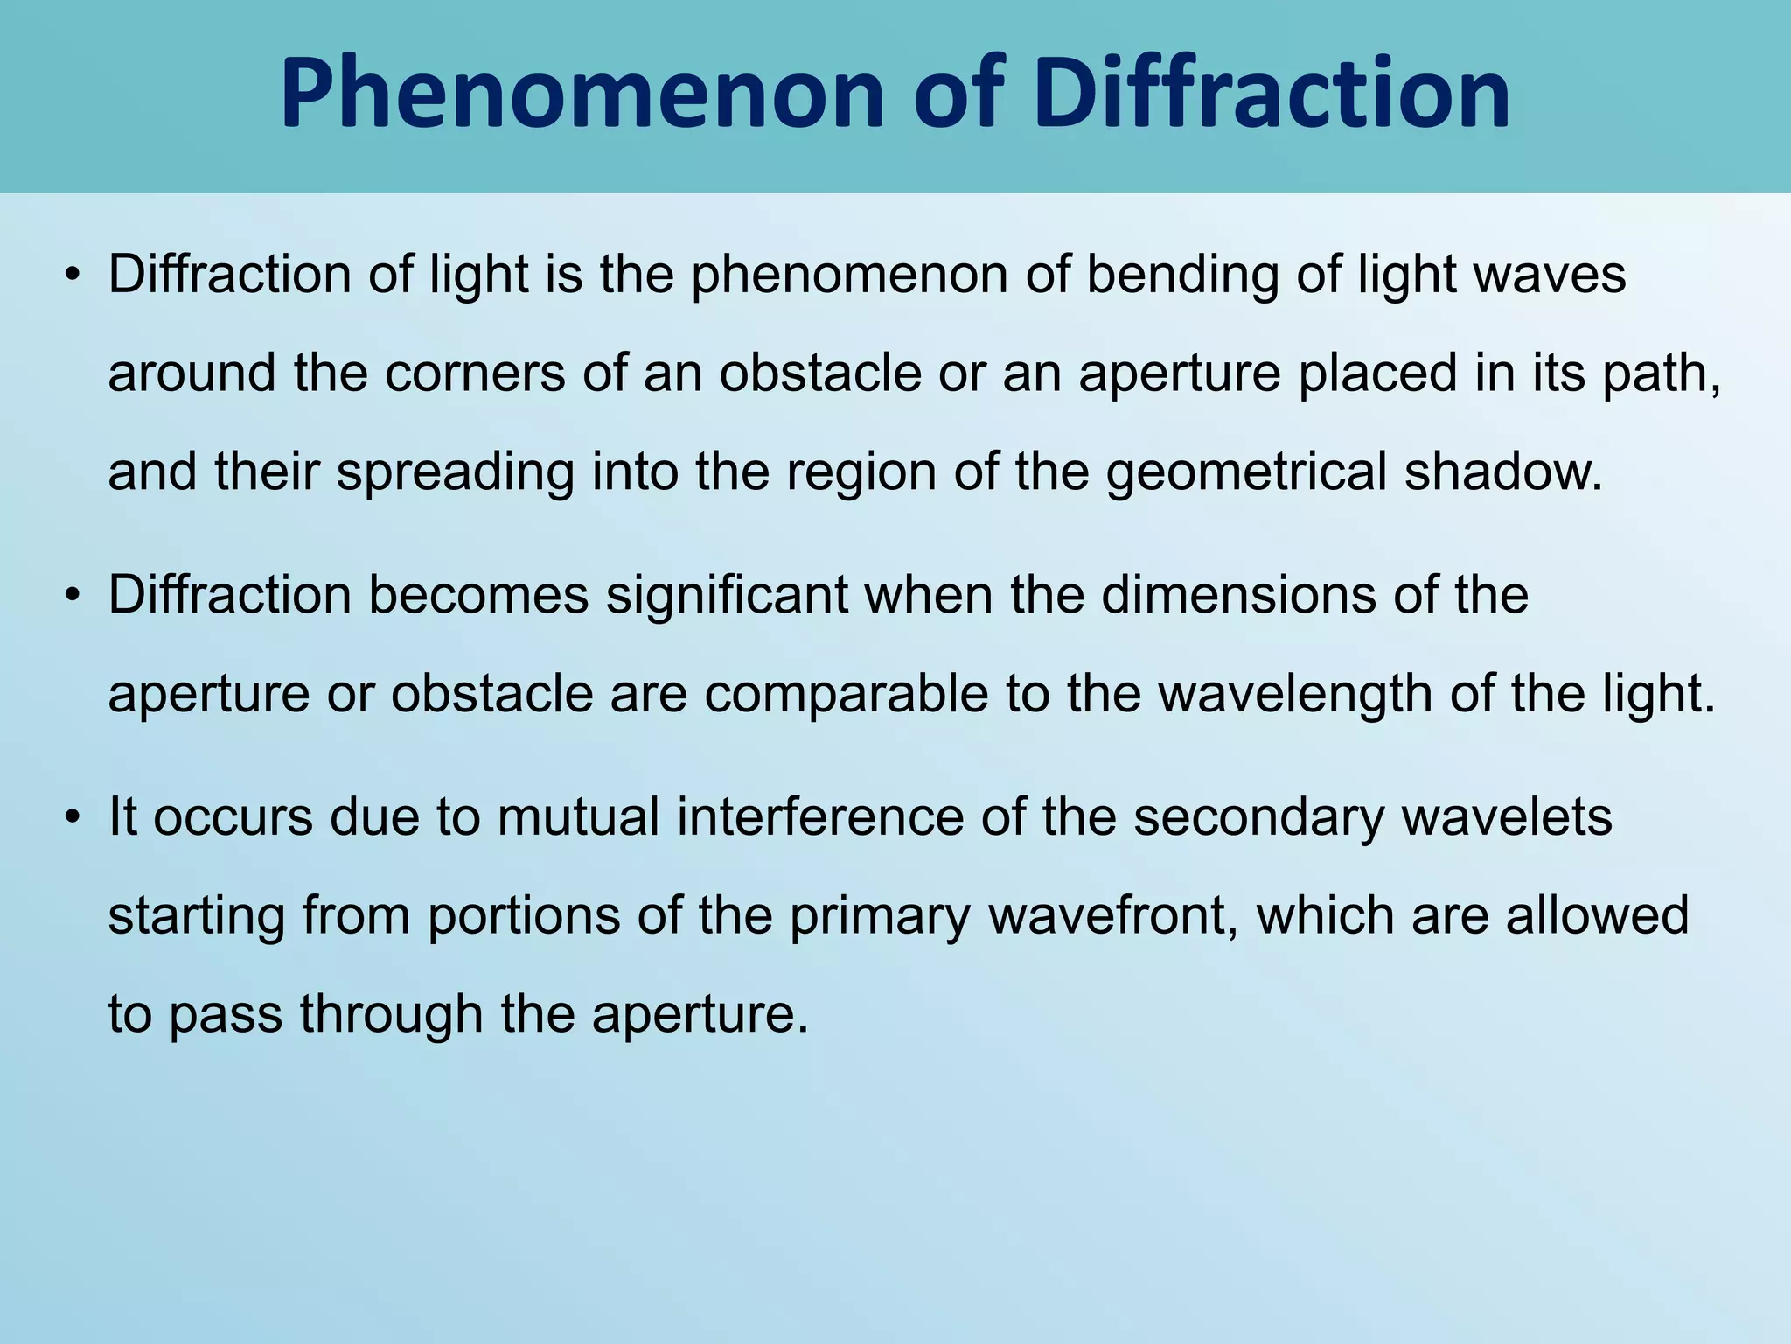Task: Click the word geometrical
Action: click(1246, 472)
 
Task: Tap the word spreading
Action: click(456, 472)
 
